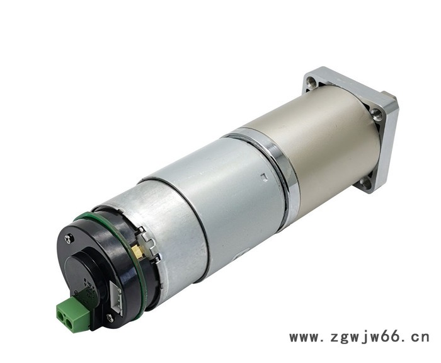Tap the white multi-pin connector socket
pos(117,297)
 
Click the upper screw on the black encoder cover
pos(69,239)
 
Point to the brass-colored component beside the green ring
pos(139,252)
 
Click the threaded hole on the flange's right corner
pos(377,115)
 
